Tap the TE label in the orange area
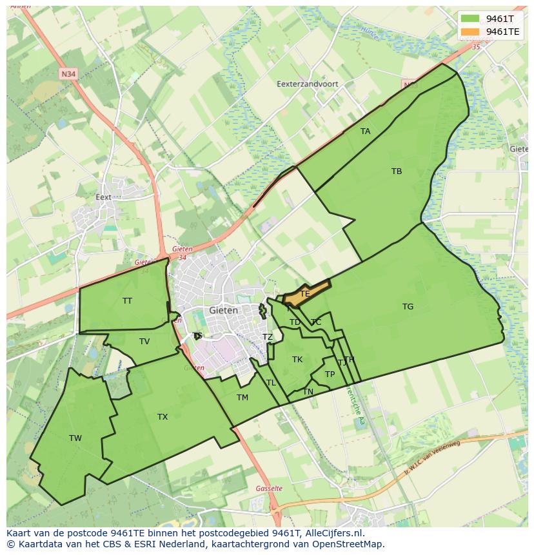[x=305, y=294]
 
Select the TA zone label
[x=366, y=131]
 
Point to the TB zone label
[x=397, y=171]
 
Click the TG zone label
[x=408, y=307]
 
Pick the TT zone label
[x=127, y=301]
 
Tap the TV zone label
[x=144, y=342]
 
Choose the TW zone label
[x=75, y=438]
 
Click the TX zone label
[x=163, y=417]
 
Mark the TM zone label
[x=242, y=398]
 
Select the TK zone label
[x=297, y=360]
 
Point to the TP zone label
[x=330, y=375]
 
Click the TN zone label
[x=308, y=392]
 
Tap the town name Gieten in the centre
[x=224, y=310]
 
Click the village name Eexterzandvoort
[x=307, y=84]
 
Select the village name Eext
[x=103, y=197]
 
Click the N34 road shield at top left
[x=68, y=74]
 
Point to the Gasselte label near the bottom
[x=269, y=489]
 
